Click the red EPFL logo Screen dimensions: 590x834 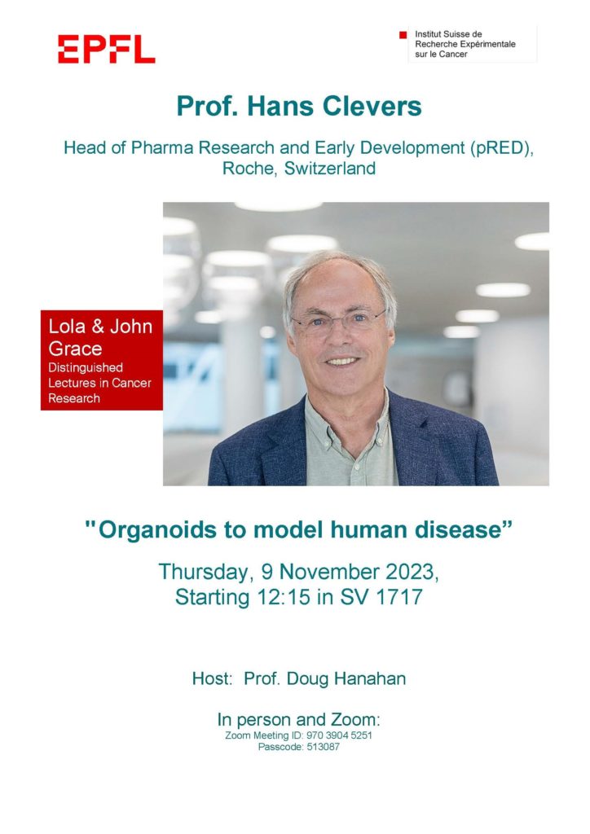(x=107, y=50)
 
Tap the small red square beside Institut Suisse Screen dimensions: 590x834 (x=403, y=35)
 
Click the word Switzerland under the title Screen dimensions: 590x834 (x=330, y=168)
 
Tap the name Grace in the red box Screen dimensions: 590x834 (x=75, y=349)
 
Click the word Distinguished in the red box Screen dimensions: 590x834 (x=86, y=367)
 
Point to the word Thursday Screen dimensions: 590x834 (x=203, y=573)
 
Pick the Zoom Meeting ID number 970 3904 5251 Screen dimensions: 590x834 (x=339, y=735)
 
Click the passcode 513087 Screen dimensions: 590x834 (x=323, y=747)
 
